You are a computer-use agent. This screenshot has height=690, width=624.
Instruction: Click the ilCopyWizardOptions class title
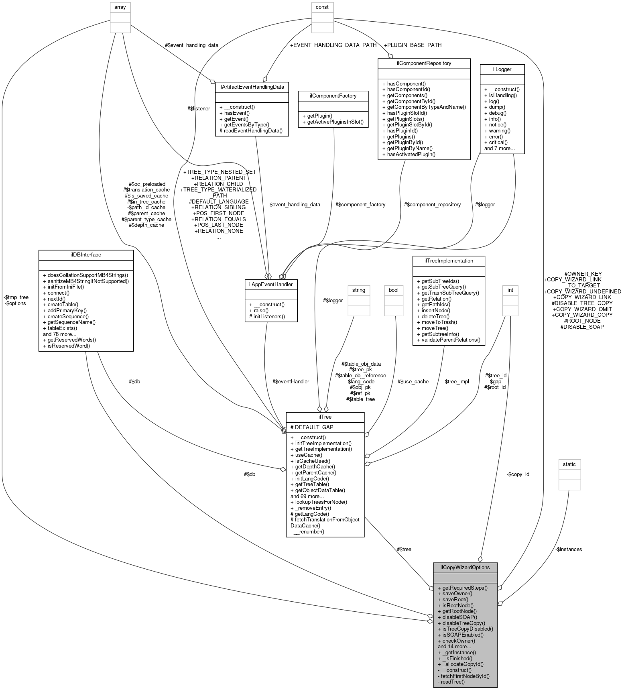click(x=465, y=567)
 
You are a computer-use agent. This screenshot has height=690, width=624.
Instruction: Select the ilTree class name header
click(x=325, y=417)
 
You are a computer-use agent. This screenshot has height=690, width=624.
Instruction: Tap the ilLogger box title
click(x=502, y=69)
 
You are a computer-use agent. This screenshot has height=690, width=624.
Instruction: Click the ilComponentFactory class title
click(x=327, y=96)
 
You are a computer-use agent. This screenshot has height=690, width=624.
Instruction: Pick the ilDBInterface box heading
click(x=85, y=254)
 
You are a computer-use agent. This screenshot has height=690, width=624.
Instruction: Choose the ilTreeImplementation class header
click(x=449, y=261)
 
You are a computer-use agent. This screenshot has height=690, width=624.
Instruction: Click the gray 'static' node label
click(x=569, y=464)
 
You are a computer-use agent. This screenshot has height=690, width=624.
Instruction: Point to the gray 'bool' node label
click(x=393, y=289)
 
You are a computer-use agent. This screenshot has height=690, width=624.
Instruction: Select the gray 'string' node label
click(x=359, y=289)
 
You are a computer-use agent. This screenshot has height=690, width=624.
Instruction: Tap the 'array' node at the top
click(x=120, y=7)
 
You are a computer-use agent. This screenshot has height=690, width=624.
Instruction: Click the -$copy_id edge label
click(x=518, y=474)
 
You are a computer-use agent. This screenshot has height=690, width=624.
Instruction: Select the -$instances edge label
click(x=569, y=549)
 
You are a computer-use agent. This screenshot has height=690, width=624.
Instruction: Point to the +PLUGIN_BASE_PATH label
click(x=413, y=45)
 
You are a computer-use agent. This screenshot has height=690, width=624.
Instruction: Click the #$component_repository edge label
click(x=433, y=204)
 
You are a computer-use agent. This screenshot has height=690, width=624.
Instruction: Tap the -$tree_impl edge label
click(x=456, y=381)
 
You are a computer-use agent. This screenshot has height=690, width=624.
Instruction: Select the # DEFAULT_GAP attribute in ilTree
click(x=312, y=427)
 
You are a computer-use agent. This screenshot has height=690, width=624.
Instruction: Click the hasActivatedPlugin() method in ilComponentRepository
click(x=409, y=154)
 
